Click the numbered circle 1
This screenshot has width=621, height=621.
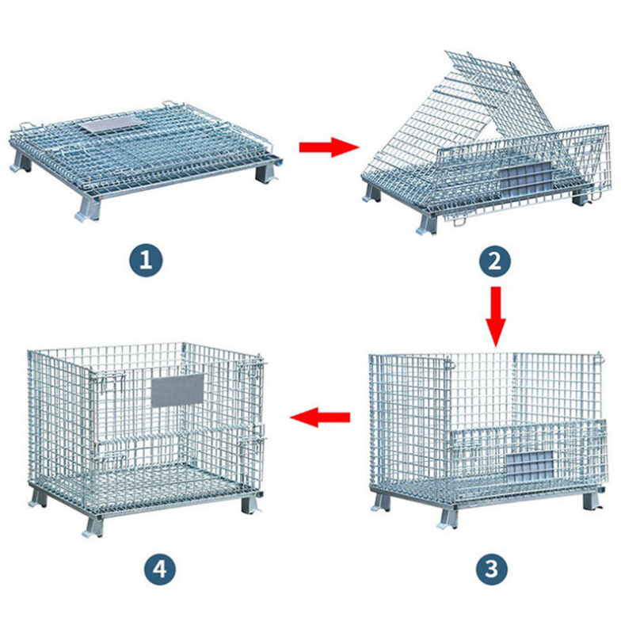point(146,260)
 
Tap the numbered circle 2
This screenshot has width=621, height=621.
point(495,261)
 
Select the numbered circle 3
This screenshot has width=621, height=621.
point(491,569)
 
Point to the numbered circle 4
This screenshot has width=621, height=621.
point(159,569)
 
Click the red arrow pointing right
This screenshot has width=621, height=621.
point(329,147)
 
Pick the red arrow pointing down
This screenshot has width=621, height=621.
point(496,317)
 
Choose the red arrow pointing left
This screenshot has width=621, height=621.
point(320,417)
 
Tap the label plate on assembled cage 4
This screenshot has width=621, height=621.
point(177,390)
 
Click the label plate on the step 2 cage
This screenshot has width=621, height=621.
point(524,180)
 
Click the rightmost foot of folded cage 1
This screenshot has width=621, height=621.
point(266,173)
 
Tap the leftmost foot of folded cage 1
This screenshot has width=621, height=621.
point(20,162)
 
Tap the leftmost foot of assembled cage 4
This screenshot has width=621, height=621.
point(38,498)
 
